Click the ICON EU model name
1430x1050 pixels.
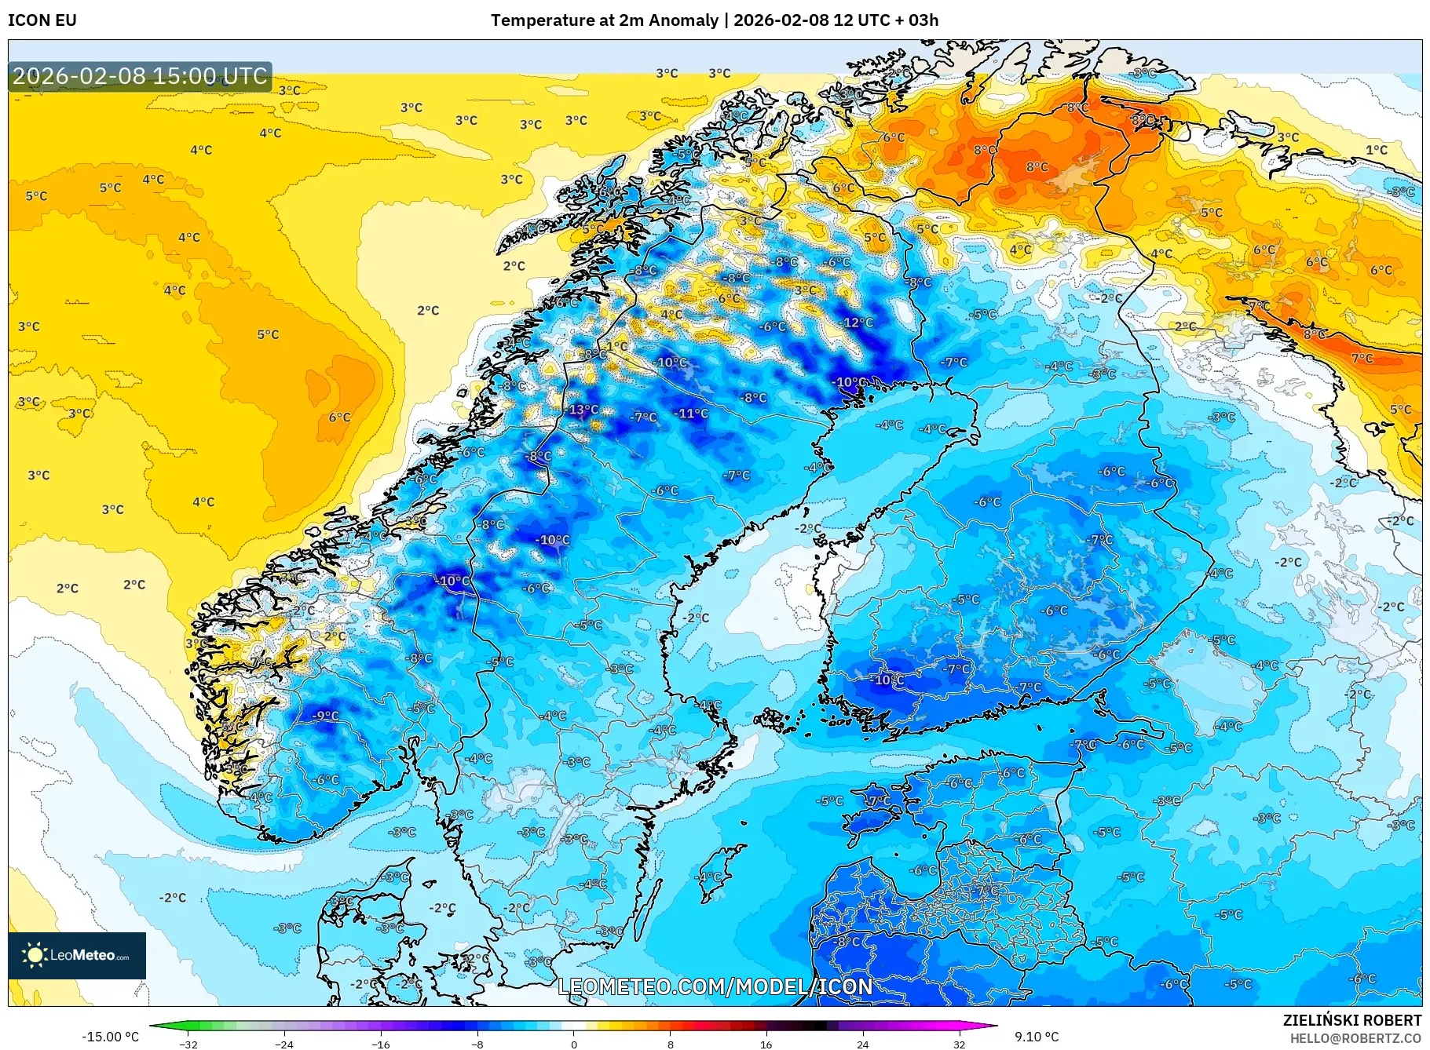(x=42, y=20)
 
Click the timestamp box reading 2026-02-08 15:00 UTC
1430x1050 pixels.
(x=140, y=76)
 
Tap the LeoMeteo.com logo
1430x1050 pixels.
(x=77, y=955)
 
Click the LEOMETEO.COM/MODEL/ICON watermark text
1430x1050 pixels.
(x=715, y=986)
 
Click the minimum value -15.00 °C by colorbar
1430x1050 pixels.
(x=110, y=1037)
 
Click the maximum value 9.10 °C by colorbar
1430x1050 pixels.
(x=1036, y=1037)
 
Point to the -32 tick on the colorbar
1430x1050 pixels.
(x=188, y=1045)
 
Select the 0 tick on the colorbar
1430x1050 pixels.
(x=573, y=1045)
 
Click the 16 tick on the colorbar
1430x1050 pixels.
(x=766, y=1045)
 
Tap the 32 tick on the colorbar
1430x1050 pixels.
(x=959, y=1045)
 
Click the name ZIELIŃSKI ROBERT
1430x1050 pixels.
(x=1351, y=1020)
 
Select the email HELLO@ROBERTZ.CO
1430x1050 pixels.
(x=1355, y=1038)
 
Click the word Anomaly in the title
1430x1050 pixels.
(x=689, y=20)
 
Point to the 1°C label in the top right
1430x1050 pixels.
(x=1376, y=150)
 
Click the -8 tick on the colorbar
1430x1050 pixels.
(x=477, y=1045)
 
